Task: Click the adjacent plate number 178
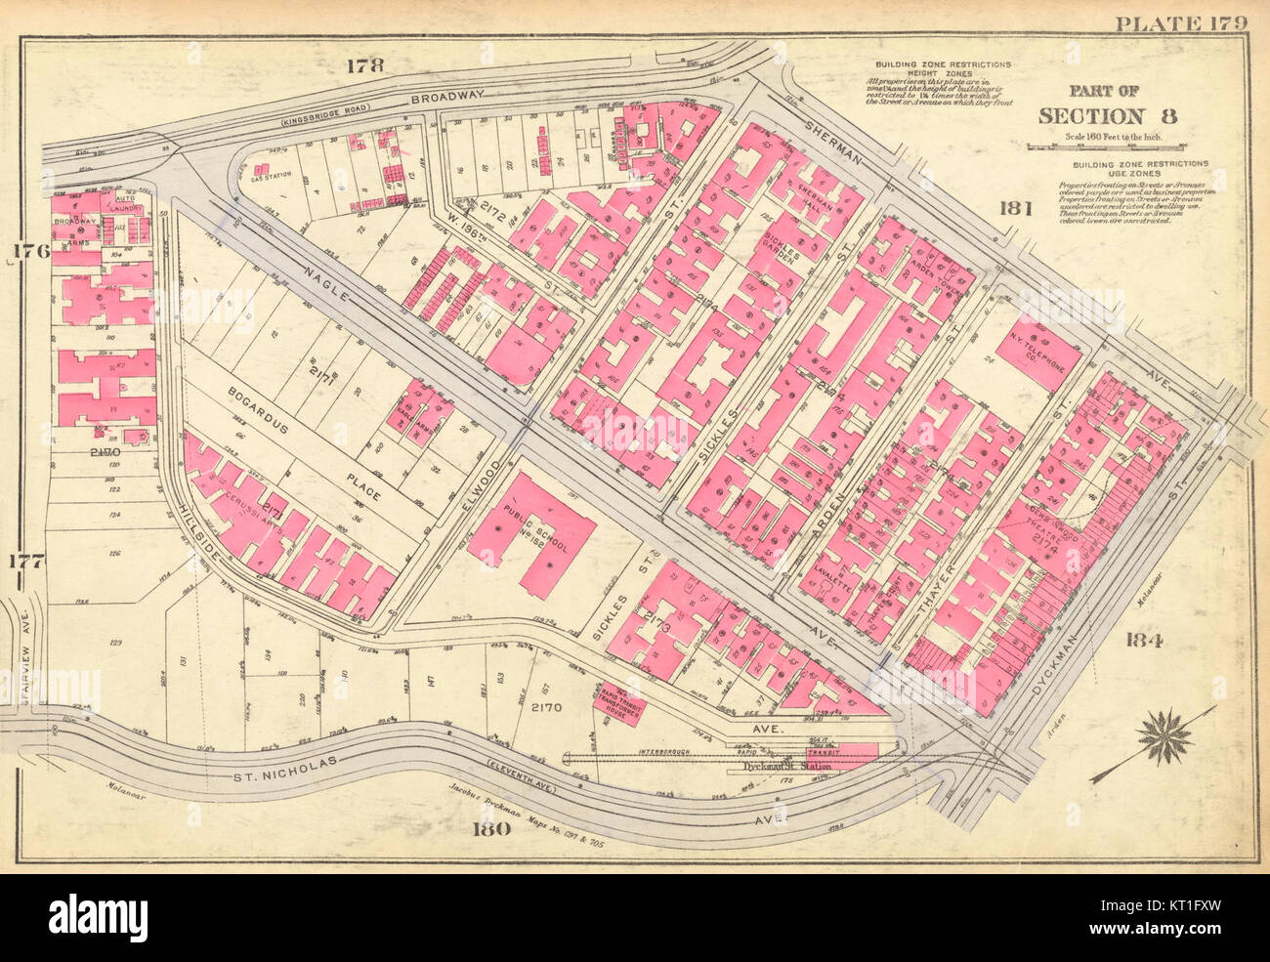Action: point(364,66)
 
